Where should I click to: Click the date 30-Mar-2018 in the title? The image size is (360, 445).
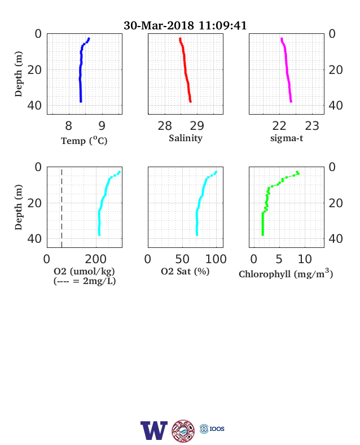159,25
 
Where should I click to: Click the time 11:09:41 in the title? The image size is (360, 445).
222,25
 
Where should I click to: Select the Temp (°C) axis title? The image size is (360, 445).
84,141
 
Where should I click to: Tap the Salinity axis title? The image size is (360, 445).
186,138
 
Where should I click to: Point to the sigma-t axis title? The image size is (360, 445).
287,138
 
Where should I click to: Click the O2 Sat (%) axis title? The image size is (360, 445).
185,272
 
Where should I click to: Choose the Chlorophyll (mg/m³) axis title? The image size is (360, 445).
286,273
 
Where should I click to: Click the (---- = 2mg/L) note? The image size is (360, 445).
85,281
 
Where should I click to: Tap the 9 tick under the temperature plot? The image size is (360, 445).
102,126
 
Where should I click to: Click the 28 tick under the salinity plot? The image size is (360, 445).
165,126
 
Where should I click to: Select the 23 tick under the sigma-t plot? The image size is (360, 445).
312,126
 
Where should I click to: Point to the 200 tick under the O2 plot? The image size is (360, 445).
95,259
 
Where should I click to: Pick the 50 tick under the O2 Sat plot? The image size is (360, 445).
182,259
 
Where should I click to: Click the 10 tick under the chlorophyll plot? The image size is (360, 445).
305,259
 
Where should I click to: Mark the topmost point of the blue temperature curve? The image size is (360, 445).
89,38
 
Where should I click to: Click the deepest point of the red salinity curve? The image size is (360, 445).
190,101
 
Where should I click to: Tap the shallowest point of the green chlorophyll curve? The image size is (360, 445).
297,172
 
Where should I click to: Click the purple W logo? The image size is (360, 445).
154,430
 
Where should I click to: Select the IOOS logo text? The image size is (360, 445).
217,429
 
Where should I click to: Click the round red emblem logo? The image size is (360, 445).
183,431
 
